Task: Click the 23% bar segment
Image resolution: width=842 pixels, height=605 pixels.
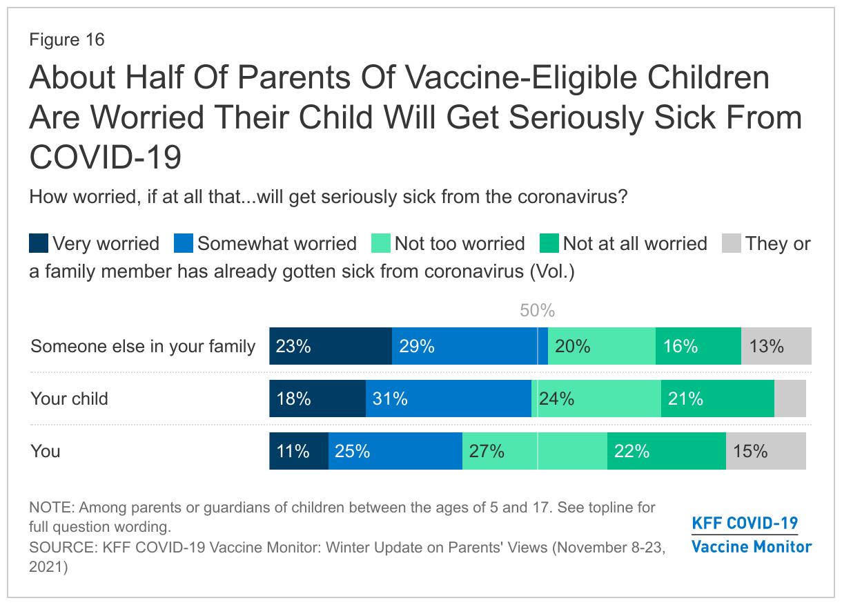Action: click(331, 346)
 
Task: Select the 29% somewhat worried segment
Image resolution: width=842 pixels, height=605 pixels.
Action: click(470, 346)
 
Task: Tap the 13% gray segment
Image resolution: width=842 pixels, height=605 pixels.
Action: click(776, 346)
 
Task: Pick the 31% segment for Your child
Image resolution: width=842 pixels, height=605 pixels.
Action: click(449, 398)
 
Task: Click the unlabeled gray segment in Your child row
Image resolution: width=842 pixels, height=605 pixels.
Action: click(790, 398)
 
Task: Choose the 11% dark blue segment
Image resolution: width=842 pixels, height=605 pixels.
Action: click(299, 451)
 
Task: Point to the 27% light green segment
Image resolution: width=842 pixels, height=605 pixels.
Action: click(534, 451)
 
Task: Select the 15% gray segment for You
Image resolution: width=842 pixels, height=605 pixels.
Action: click(766, 451)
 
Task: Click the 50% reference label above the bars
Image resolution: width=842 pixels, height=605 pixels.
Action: click(537, 311)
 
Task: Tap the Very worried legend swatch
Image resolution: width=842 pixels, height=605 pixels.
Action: click(39, 243)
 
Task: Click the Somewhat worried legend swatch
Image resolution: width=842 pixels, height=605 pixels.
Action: click(184, 243)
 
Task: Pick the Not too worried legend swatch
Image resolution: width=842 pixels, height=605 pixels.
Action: click(381, 243)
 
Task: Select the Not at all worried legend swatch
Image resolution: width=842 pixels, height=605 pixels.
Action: click(549, 243)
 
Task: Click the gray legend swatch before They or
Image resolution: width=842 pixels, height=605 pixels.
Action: click(732, 243)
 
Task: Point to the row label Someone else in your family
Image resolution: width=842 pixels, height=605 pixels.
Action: click(143, 347)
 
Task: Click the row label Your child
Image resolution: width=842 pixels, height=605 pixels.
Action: click(69, 398)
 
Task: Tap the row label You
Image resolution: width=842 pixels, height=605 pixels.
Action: click(45, 451)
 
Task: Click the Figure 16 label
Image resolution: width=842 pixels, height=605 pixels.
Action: click(67, 39)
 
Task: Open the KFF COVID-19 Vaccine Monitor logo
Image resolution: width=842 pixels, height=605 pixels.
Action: click(752, 535)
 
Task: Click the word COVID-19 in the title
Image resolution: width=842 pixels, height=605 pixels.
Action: click(105, 157)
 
